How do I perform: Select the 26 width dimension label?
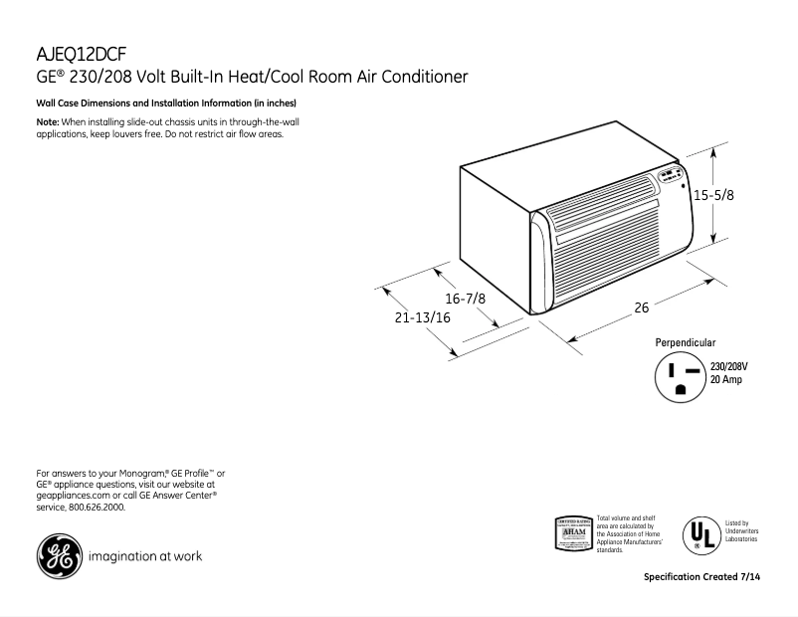(x=642, y=308)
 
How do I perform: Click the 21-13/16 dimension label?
(x=423, y=318)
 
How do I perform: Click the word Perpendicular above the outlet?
(x=685, y=342)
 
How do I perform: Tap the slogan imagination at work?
(x=145, y=556)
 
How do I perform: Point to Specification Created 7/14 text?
(x=706, y=577)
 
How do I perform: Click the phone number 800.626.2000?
(x=97, y=507)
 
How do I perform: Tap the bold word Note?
(x=48, y=121)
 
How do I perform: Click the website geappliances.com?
(x=72, y=495)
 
